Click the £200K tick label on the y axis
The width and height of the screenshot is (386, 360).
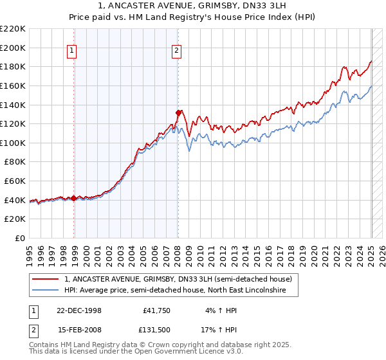point(14,48)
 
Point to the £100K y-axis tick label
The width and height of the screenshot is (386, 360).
point(14,143)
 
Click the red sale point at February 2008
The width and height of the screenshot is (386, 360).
point(178,112)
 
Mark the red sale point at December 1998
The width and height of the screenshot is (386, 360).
point(74,198)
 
